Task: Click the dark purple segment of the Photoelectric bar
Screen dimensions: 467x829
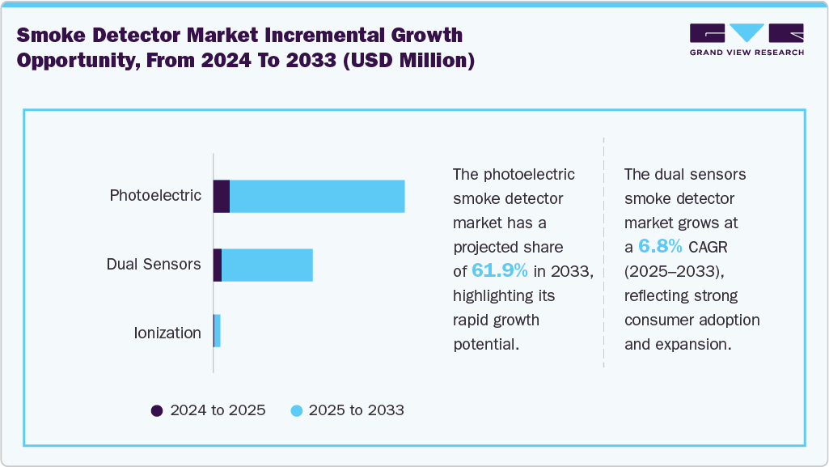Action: coord(222,197)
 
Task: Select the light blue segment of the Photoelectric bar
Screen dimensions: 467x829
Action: coord(317,197)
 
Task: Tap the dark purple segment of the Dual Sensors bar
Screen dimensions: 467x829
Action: coord(218,265)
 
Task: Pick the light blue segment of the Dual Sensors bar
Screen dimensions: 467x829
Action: coord(267,265)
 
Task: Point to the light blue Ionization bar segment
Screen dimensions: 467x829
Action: coord(218,332)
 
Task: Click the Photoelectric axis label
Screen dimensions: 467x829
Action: coord(155,196)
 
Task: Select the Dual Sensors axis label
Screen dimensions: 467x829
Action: coord(154,265)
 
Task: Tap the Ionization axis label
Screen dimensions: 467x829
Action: coord(167,333)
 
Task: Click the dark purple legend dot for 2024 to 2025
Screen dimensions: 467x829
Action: coord(157,410)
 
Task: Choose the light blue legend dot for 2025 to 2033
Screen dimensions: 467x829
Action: coord(295,410)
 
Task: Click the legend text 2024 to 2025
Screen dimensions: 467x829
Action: coord(218,410)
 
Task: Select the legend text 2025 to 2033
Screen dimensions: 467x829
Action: coord(357,410)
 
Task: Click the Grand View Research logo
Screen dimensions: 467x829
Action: coord(747,39)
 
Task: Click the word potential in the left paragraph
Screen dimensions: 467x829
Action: coord(485,344)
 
